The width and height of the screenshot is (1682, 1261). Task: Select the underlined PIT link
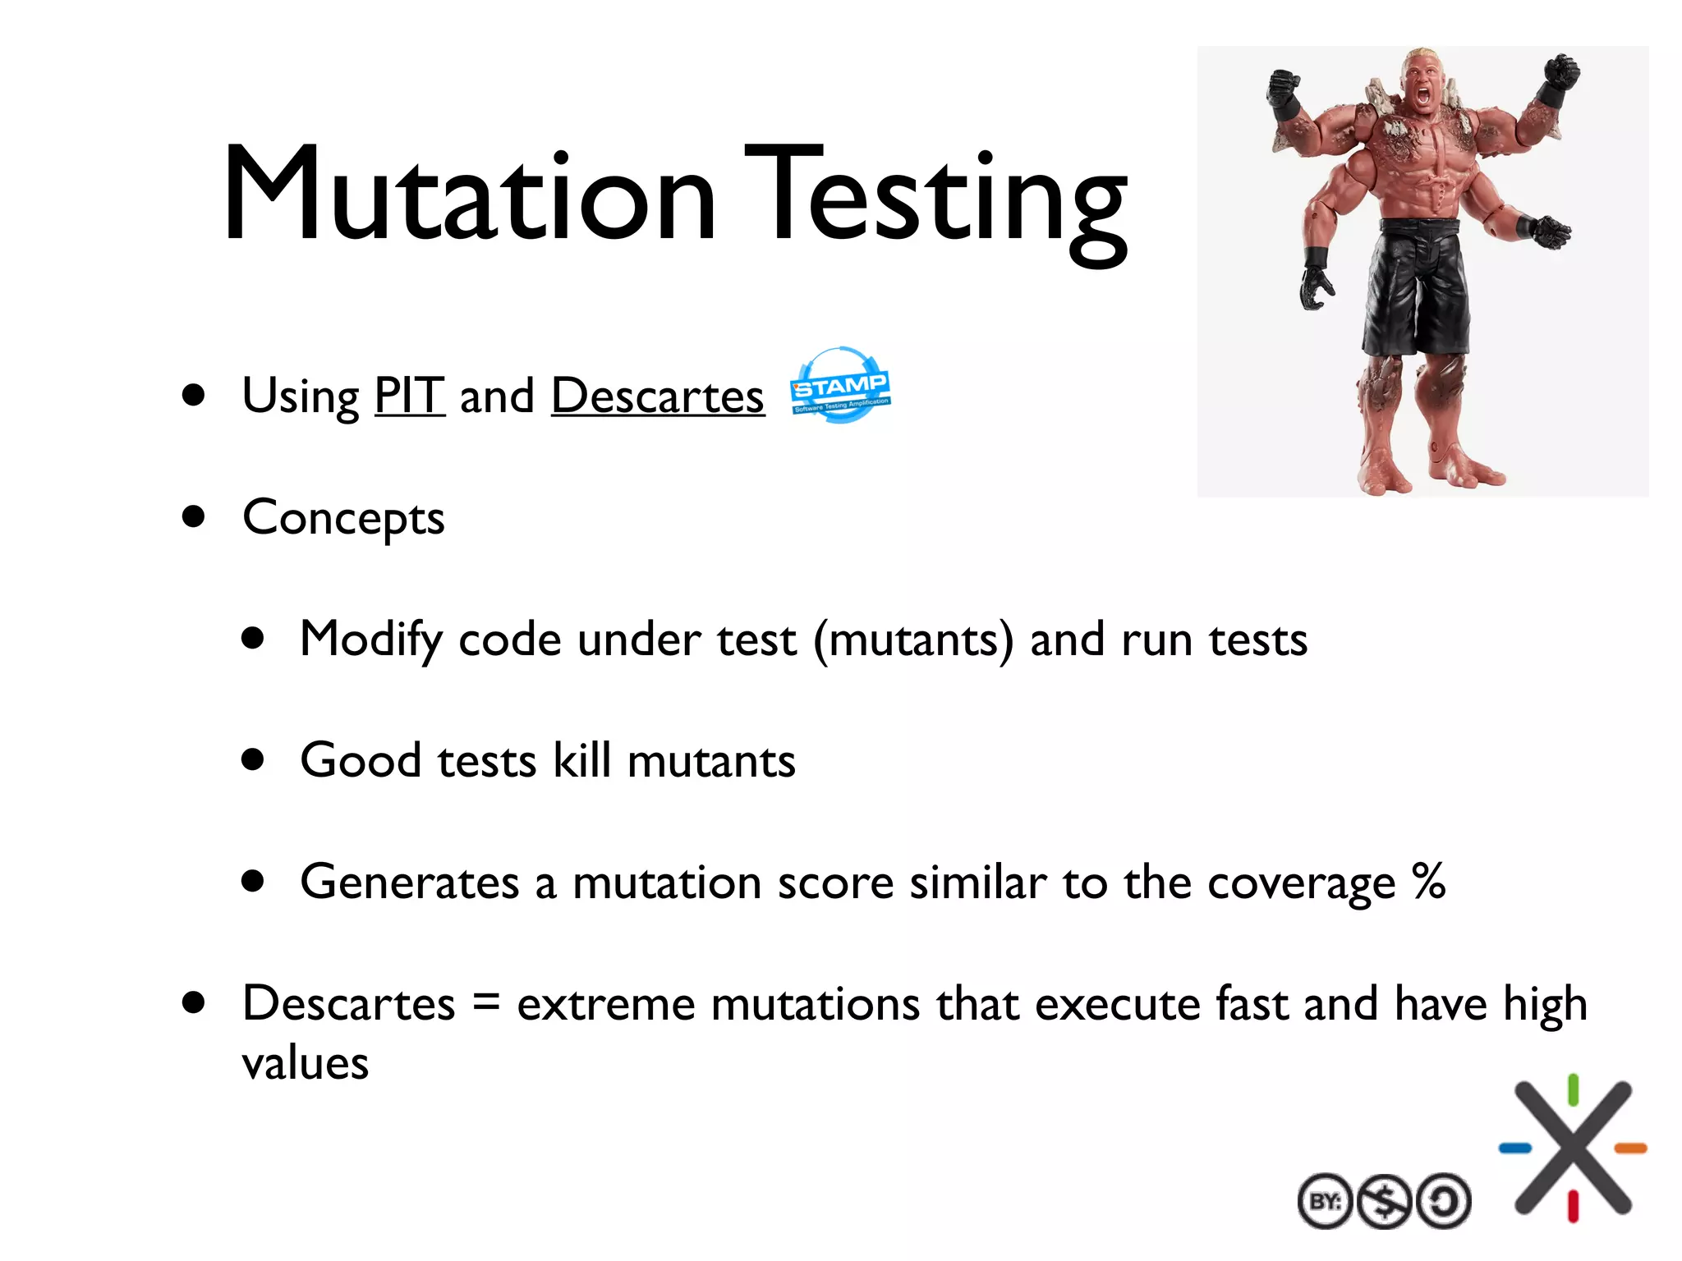[409, 396]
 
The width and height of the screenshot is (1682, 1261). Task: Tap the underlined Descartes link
[657, 396]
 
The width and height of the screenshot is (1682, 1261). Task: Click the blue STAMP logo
[839, 386]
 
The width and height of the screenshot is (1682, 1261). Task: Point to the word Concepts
[343, 519]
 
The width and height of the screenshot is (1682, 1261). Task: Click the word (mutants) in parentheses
[913, 640]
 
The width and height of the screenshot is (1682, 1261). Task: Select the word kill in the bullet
[581, 760]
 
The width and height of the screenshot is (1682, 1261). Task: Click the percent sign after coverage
[1429, 882]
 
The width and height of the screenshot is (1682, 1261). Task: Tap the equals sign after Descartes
[486, 1003]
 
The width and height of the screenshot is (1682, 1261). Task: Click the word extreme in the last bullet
[606, 1005]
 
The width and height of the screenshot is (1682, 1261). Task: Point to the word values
[306, 1064]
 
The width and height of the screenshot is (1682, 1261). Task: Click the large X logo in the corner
[1573, 1148]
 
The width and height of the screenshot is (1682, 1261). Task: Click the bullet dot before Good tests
[254, 760]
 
